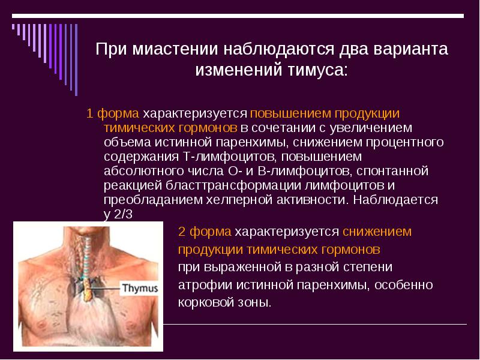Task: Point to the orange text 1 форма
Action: coord(113,113)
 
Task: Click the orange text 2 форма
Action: coord(205,232)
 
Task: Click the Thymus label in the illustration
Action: coord(140,289)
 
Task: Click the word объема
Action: coord(125,142)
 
